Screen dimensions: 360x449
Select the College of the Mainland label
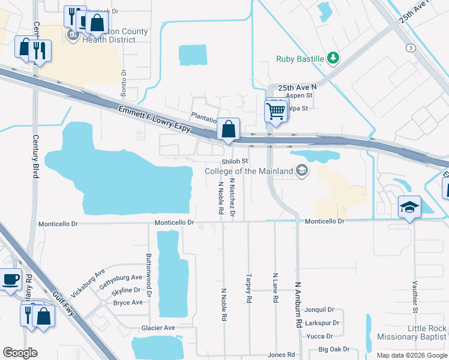pyautogui.click(x=249, y=171)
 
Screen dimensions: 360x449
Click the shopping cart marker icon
pyautogui.click(x=276, y=110)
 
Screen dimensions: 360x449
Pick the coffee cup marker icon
pyautogui.click(x=10, y=280)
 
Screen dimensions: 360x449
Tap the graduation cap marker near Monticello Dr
pyautogui.click(x=409, y=208)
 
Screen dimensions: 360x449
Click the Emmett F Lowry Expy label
pyautogui.click(x=154, y=119)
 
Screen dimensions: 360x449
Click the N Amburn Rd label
pyautogui.click(x=298, y=305)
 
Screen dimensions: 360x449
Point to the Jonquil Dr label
pyautogui.click(x=319, y=310)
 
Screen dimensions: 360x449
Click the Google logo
pyautogui.click(x=20, y=353)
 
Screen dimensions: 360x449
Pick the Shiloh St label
pyautogui.click(x=235, y=161)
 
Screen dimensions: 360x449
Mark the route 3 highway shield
pyautogui.click(x=411, y=47)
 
